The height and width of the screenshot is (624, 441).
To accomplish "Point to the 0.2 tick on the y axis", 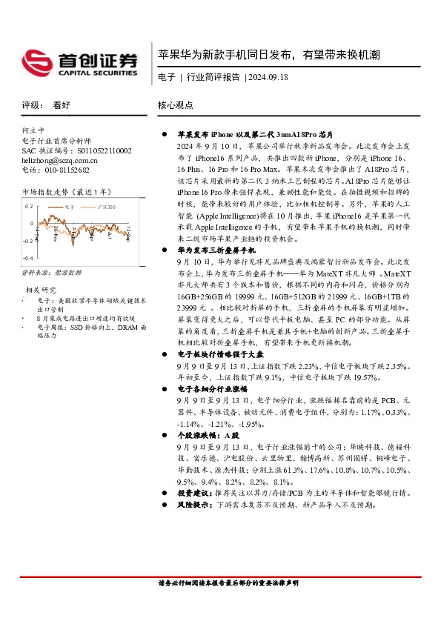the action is click(x=28, y=207).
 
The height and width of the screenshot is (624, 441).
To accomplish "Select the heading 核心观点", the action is click(x=176, y=105).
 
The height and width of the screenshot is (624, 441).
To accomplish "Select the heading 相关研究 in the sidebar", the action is click(x=41, y=289).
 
